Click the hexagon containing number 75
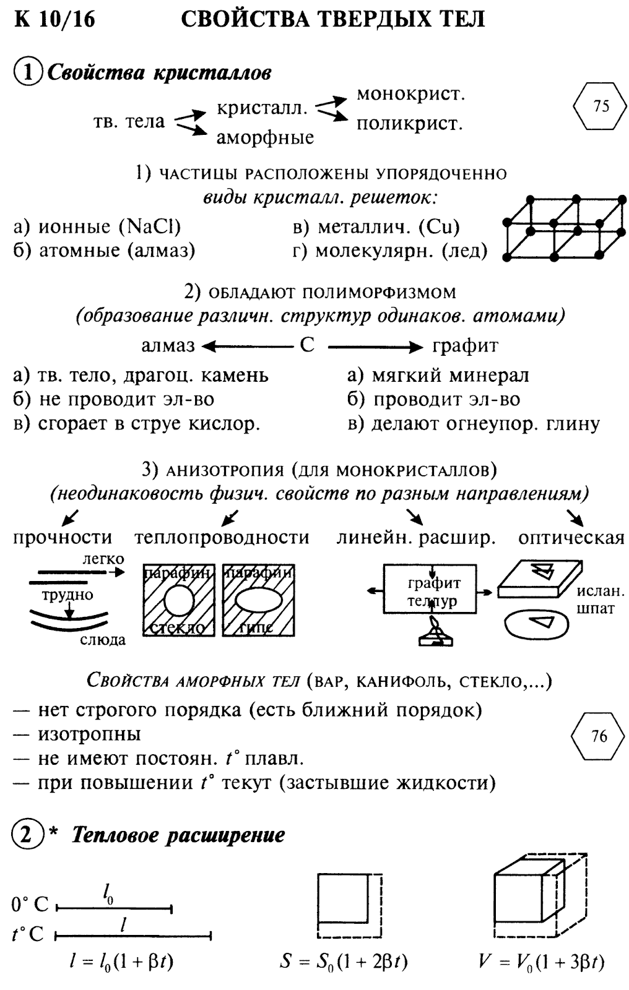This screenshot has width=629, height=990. (601, 106)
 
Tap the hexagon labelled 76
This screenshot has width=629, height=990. (599, 736)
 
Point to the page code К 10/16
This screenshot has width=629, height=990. (56, 20)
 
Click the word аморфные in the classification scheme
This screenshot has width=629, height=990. (265, 137)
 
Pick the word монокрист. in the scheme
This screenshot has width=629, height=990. (410, 95)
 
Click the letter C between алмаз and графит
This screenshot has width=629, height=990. (307, 345)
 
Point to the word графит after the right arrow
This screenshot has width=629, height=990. (465, 345)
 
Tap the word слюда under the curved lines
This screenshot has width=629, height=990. (103, 640)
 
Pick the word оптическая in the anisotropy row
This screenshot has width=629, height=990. (571, 538)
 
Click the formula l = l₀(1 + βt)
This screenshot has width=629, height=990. (121, 962)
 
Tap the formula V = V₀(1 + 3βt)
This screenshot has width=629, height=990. (541, 962)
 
